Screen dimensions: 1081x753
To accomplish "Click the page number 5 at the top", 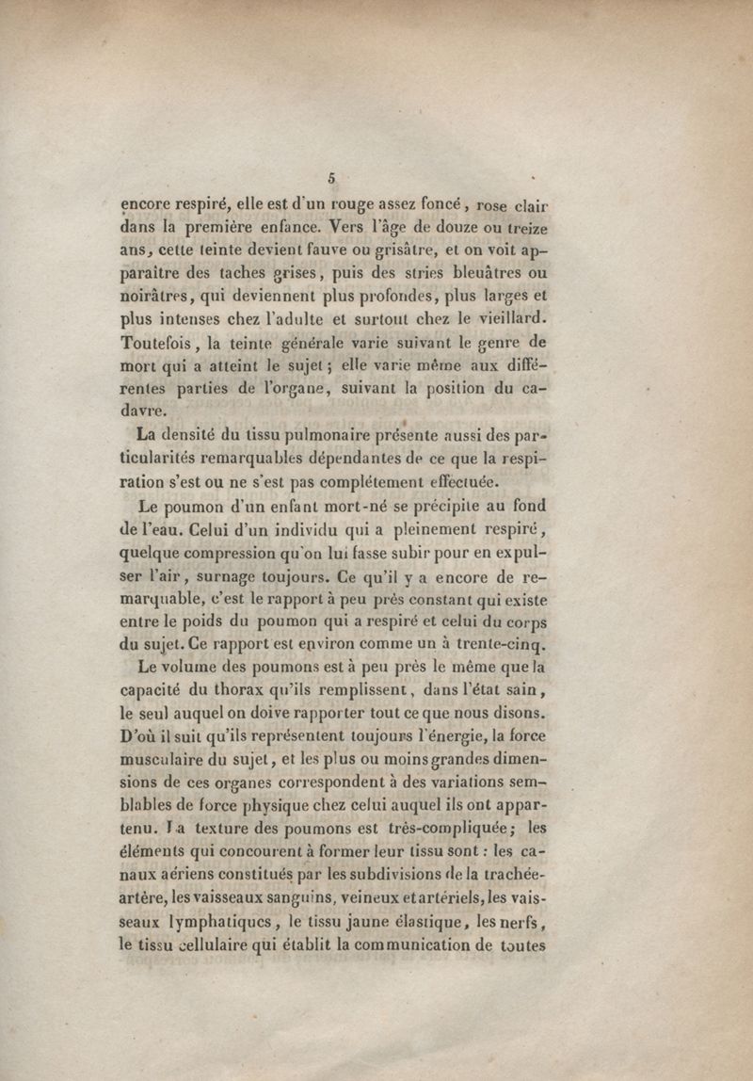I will (332, 176).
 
